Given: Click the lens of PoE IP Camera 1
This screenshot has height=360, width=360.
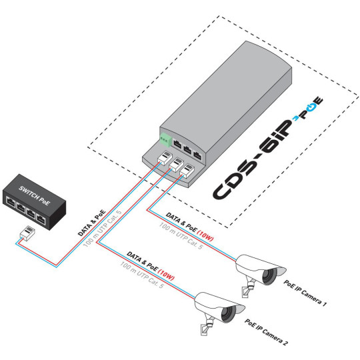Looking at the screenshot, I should pyautogui.click(x=269, y=275).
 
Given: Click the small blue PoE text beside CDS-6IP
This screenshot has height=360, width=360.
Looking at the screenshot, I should pyautogui.click(x=313, y=110).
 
